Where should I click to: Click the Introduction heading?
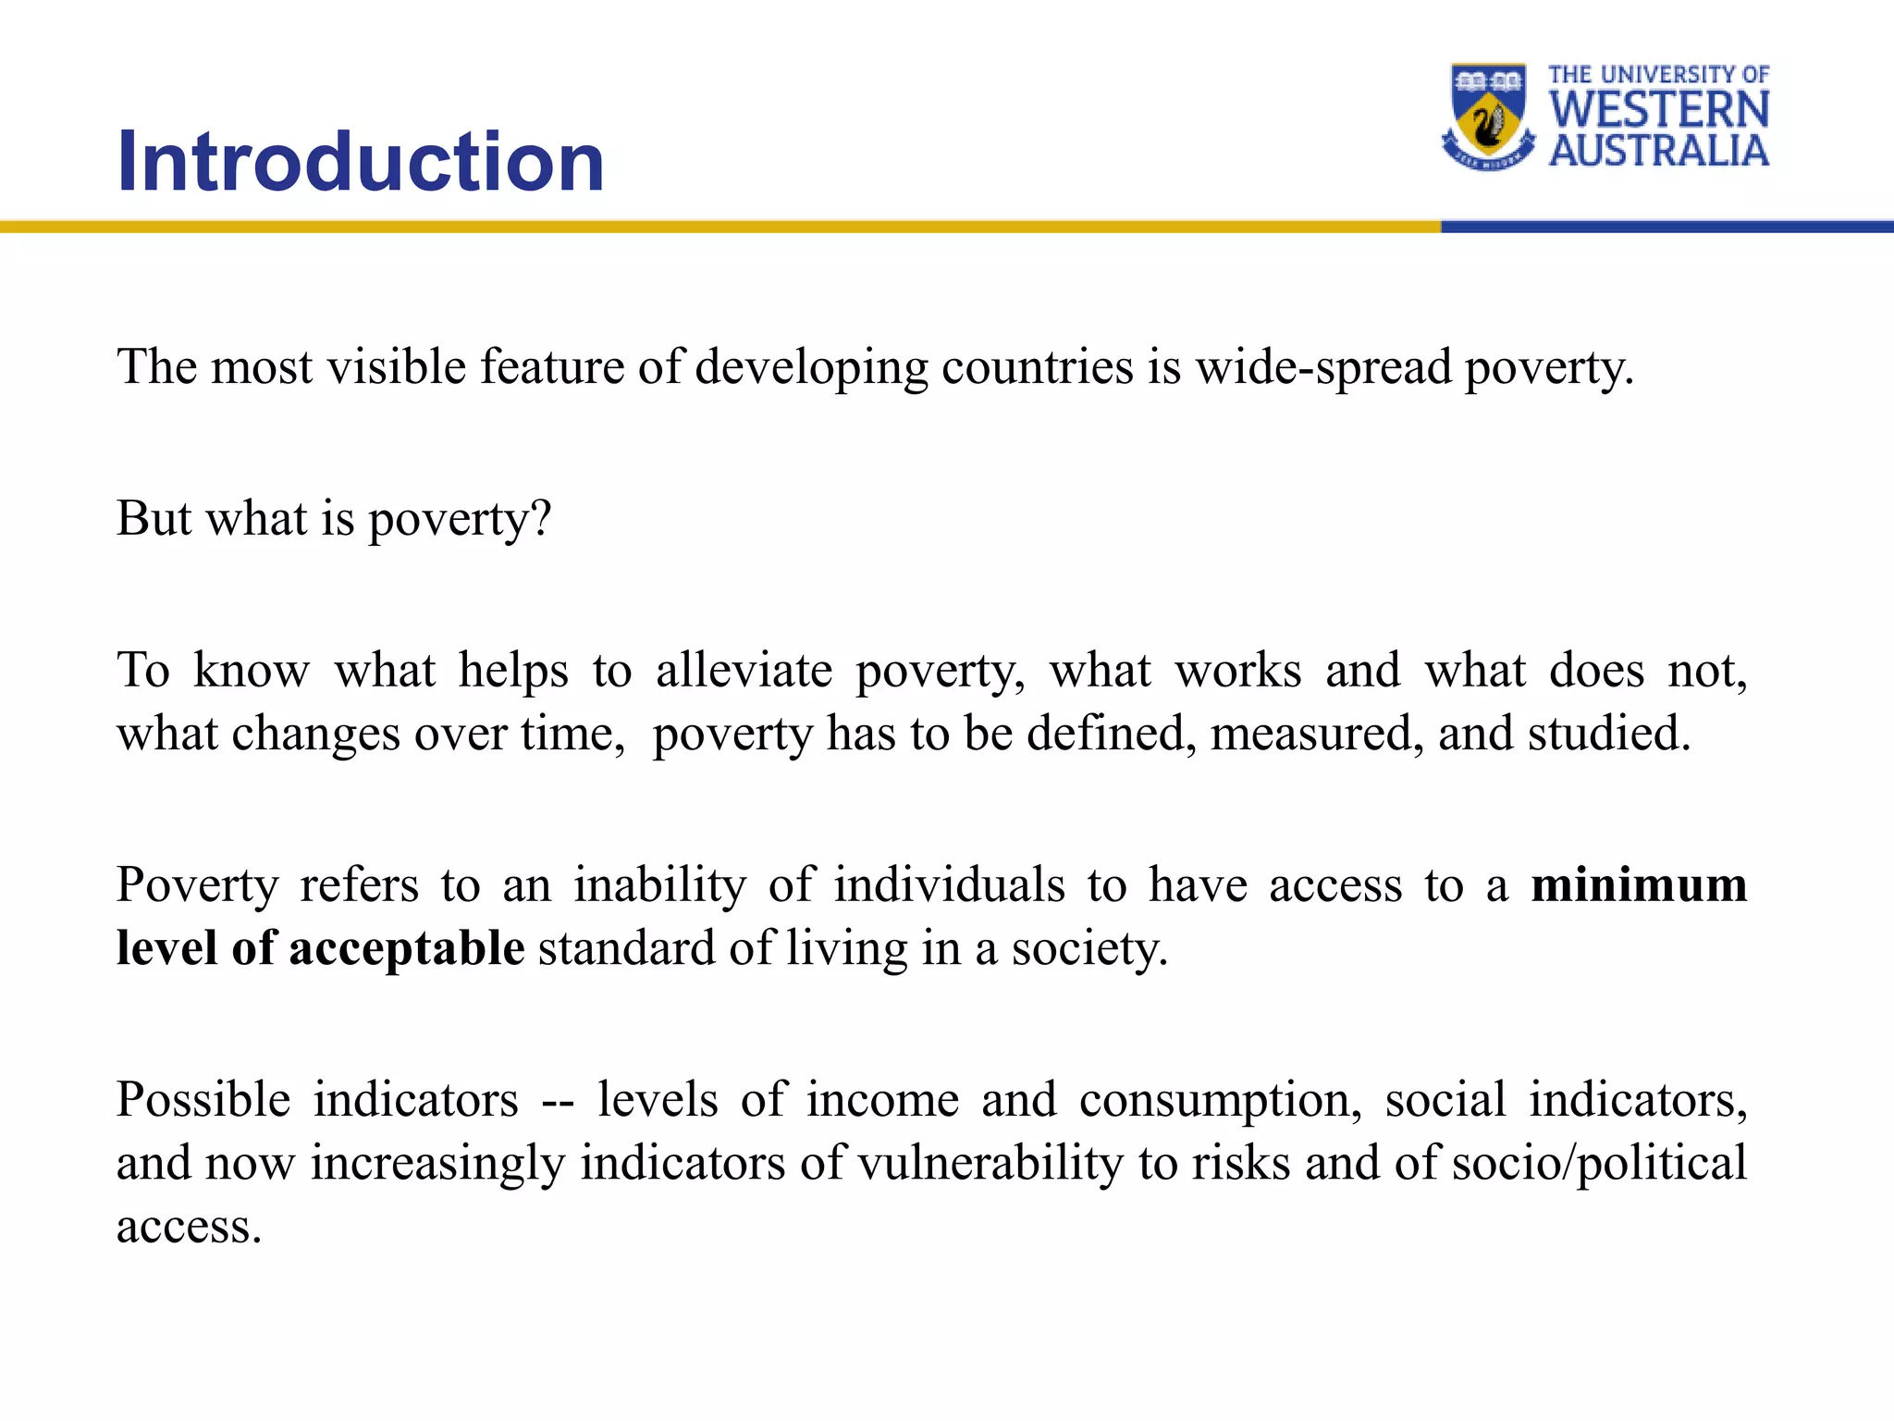click(x=361, y=162)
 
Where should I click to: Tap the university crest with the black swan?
click(x=1488, y=117)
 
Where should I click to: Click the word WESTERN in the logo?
click(x=1659, y=110)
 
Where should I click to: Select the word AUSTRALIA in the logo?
click(x=1659, y=150)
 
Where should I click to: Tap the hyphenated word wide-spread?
click(x=1323, y=368)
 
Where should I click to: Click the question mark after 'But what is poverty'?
click(x=541, y=518)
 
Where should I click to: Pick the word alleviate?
click(x=744, y=670)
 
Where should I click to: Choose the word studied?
click(x=1608, y=734)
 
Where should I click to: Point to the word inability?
click(x=659, y=885)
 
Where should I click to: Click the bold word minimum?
click(x=1639, y=884)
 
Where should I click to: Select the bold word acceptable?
click(x=407, y=950)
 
